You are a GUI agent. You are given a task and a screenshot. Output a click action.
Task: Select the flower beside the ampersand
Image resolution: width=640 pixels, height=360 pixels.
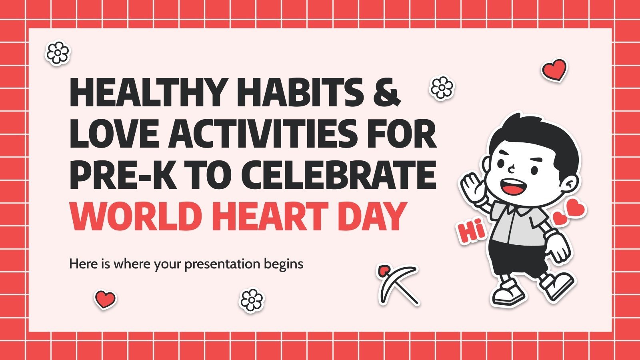(442, 87)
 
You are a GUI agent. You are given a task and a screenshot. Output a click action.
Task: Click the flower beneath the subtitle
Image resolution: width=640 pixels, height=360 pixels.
(252, 300)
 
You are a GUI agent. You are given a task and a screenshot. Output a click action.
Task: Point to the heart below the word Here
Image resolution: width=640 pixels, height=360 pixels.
(105, 299)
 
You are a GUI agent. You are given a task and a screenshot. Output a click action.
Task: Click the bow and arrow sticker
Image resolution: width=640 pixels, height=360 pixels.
(398, 284)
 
